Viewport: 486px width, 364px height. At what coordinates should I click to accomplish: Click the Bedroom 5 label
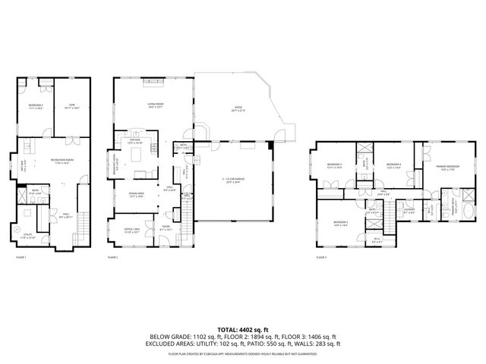36,106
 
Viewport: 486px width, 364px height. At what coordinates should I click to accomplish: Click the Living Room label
155,105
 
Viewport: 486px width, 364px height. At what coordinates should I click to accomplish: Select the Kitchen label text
137,141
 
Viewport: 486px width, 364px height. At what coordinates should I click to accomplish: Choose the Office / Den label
132,231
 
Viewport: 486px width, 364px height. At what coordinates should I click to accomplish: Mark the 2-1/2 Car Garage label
234,180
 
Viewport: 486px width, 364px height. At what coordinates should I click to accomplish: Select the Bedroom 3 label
335,165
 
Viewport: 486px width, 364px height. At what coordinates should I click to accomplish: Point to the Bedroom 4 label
393,165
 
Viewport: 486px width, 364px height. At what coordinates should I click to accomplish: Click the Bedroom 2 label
340,224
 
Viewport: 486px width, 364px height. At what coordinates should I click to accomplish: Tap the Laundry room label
409,211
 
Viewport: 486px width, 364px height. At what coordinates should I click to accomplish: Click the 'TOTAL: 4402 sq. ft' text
243,329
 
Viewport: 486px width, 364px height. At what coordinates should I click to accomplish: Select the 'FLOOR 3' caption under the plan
320,258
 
